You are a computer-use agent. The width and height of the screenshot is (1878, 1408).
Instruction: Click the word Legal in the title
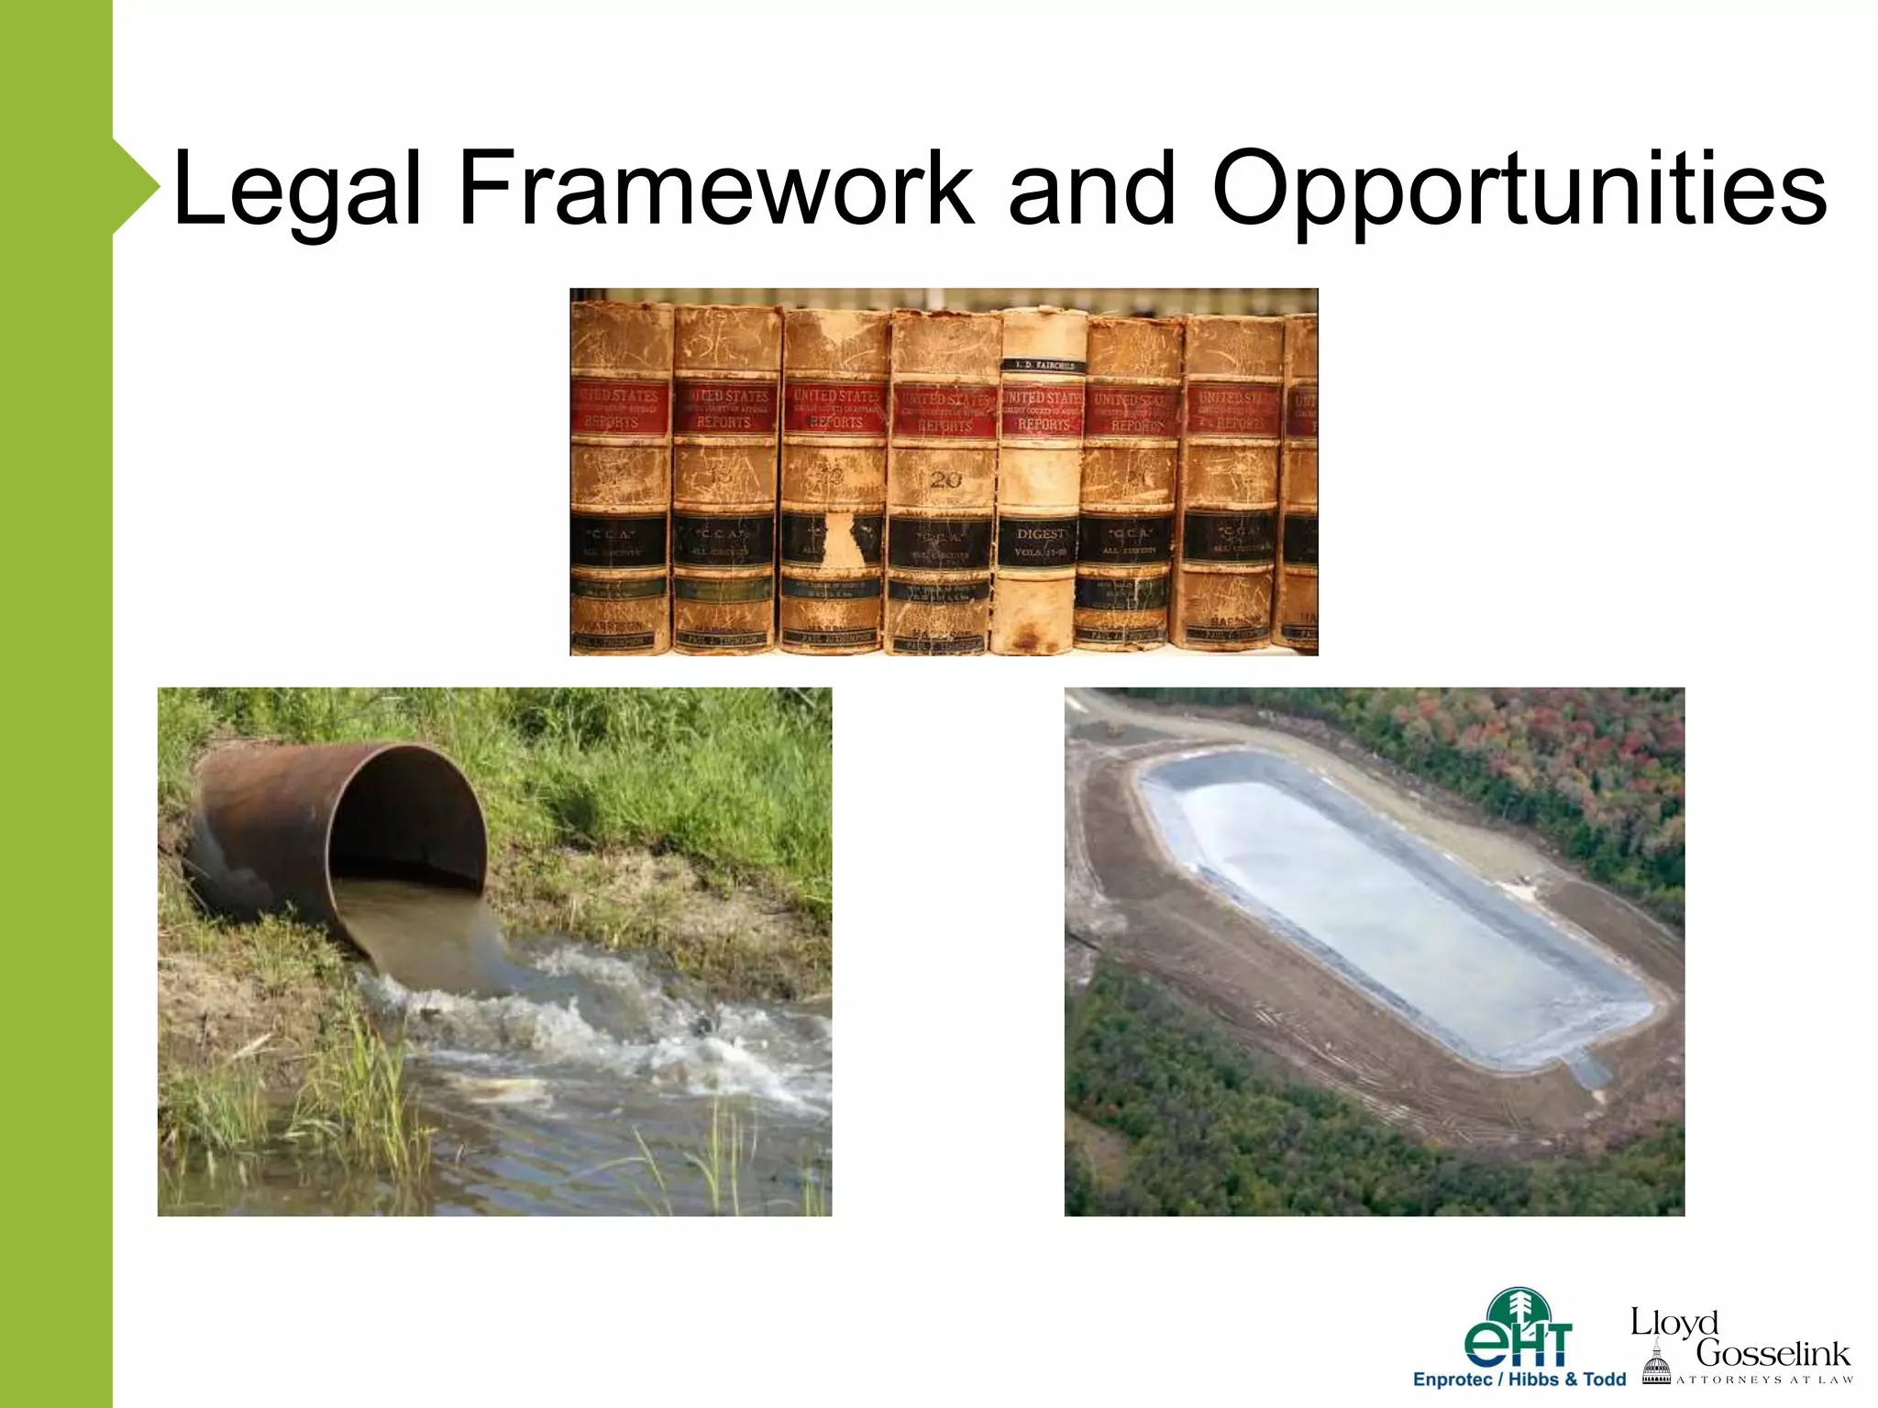[x=296, y=191]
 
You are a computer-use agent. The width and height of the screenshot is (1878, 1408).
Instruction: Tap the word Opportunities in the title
[x=1519, y=191]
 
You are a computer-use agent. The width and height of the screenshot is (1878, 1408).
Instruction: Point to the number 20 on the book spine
[x=945, y=479]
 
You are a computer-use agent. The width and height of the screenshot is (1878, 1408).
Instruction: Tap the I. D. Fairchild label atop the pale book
[x=1043, y=365]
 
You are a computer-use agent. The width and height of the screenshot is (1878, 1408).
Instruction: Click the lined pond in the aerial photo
[x=1394, y=907]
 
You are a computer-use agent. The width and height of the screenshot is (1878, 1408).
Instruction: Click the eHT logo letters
[x=1518, y=1344]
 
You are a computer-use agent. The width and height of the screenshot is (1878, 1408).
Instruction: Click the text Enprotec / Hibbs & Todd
[x=1519, y=1380]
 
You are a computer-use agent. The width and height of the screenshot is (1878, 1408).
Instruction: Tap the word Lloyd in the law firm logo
[x=1674, y=1322]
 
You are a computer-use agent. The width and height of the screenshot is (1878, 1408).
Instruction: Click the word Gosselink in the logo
[x=1772, y=1353]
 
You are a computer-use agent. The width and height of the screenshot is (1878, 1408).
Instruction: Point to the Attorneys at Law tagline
[x=1764, y=1380]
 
